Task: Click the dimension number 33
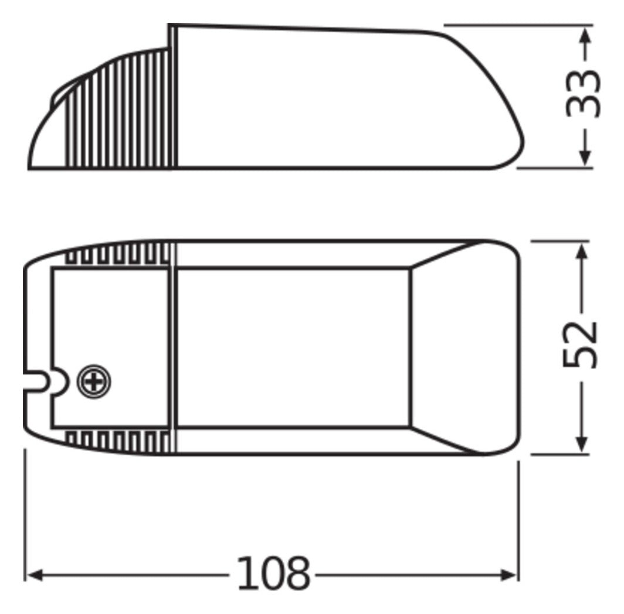pyautogui.click(x=583, y=94)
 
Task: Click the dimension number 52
pyautogui.click(x=580, y=344)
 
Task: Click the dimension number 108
pyautogui.click(x=273, y=573)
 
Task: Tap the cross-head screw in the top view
pyautogui.click(x=93, y=382)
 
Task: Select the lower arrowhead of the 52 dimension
pyautogui.click(x=582, y=442)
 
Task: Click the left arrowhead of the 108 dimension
pyautogui.click(x=35, y=575)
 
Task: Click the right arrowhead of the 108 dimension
pyautogui.click(x=508, y=575)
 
